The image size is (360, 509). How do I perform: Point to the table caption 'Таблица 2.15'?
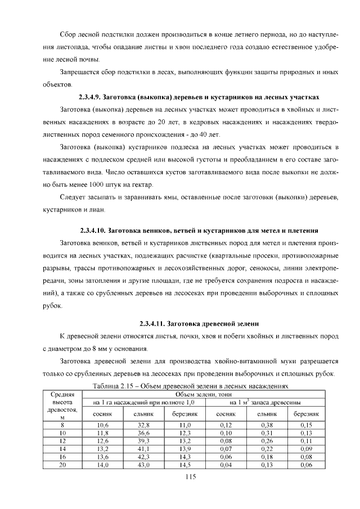click(x=189, y=386)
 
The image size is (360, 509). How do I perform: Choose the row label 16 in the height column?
click(x=63, y=457)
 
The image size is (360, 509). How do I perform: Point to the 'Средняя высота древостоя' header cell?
click(x=63, y=406)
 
